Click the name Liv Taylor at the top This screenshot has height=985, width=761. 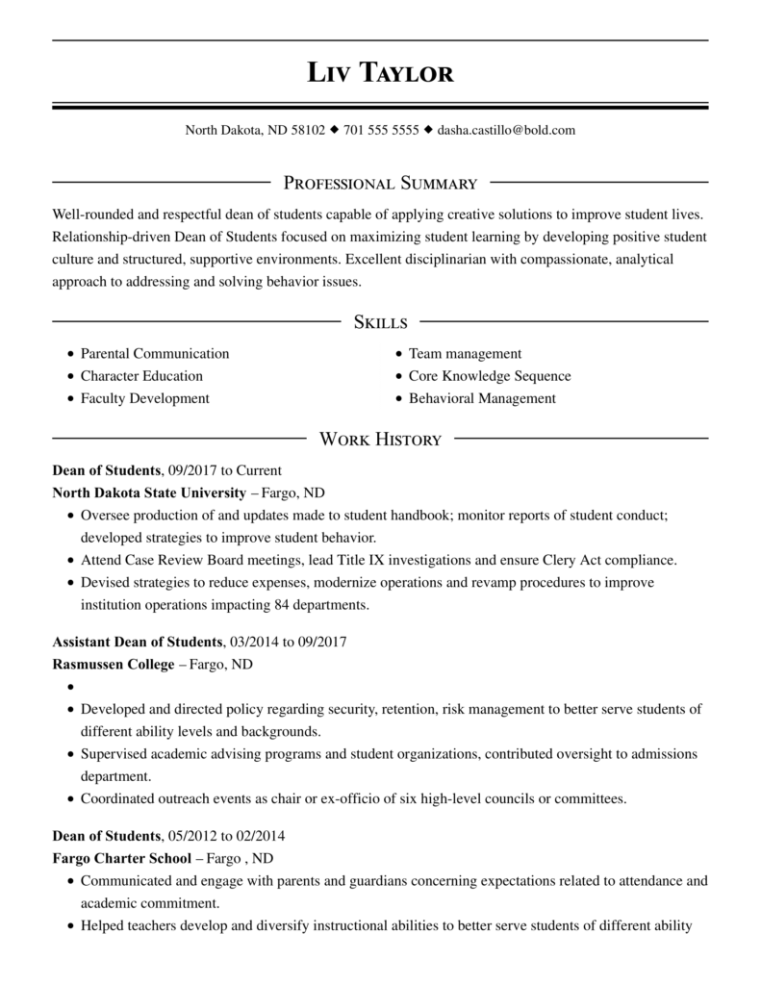click(380, 72)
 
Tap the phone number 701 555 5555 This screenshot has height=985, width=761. click(381, 130)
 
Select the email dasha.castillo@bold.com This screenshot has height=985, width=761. click(506, 130)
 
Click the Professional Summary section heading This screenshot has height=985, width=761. click(380, 183)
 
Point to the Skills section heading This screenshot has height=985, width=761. click(380, 322)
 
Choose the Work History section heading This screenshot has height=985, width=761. click(380, 440)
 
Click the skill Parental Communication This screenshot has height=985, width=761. click(155, 354)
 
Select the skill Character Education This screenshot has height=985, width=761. click(141, 376)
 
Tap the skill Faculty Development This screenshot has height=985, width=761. click(144, 398)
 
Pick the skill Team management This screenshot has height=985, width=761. click(465, 354)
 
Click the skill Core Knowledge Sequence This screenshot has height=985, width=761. click(490, 376)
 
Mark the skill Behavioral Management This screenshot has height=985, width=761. click(482, 398)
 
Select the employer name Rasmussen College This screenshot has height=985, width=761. click(113, 665)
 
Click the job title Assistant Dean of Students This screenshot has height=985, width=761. click(137, 642)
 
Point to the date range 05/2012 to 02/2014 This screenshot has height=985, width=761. click(226, 835)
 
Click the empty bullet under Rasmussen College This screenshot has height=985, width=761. click(71, 688)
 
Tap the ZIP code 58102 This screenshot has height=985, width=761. click(308, 130)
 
